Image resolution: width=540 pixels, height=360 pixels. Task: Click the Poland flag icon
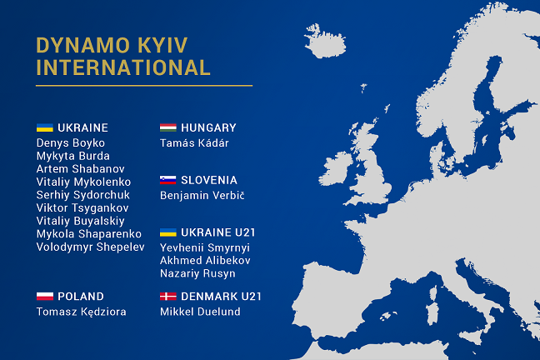coord(45,297)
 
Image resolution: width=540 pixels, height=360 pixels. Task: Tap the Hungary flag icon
coord(168,127)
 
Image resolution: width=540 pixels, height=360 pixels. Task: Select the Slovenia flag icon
coord(168,180)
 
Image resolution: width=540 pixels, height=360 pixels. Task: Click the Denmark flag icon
coord(168,297)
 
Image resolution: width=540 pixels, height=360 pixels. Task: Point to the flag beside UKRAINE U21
coord(168,232)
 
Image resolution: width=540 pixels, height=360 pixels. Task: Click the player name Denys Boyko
coord(71,143)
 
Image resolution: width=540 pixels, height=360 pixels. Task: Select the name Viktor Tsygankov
coord(82,208)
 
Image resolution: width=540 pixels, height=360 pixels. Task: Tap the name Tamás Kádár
coord(194,143)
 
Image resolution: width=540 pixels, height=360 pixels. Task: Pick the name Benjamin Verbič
coord(202,195)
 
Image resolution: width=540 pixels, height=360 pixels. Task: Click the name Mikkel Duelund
coord(200,312)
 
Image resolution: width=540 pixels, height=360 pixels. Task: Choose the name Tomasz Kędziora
coord(82,312)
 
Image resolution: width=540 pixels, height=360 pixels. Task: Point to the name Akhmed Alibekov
coord(205,261)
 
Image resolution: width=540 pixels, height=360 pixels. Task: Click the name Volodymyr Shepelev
coord(91,247)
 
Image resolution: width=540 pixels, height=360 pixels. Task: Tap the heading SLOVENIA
coord(209,180)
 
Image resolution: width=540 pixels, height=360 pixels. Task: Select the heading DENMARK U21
coord(221,297)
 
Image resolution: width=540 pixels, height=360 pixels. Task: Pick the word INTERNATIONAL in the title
coord(123,67)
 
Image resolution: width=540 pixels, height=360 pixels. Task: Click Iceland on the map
coord(325,42)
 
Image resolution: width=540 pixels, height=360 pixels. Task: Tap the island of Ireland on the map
coord(336,169)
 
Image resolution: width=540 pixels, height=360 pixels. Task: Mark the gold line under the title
coord(144,86)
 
